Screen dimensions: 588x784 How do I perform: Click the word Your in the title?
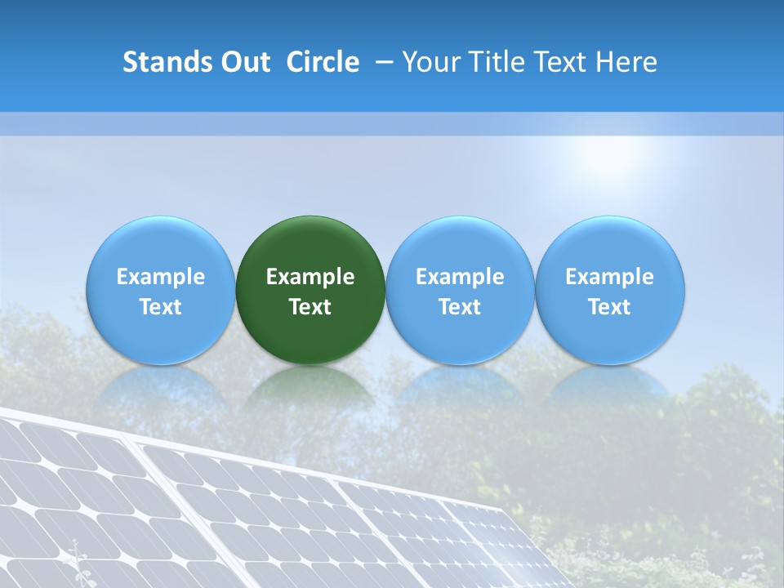coord(430,62)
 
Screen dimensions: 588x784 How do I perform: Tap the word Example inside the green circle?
coord(310,277)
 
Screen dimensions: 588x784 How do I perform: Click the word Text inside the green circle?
coord(310,307)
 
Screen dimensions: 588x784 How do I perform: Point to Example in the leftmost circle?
coord(160,277)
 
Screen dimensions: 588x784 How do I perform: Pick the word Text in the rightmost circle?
coord(610,307)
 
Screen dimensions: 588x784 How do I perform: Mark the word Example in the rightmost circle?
coord(610,277)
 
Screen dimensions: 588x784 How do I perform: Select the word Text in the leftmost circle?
coord(160,307)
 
